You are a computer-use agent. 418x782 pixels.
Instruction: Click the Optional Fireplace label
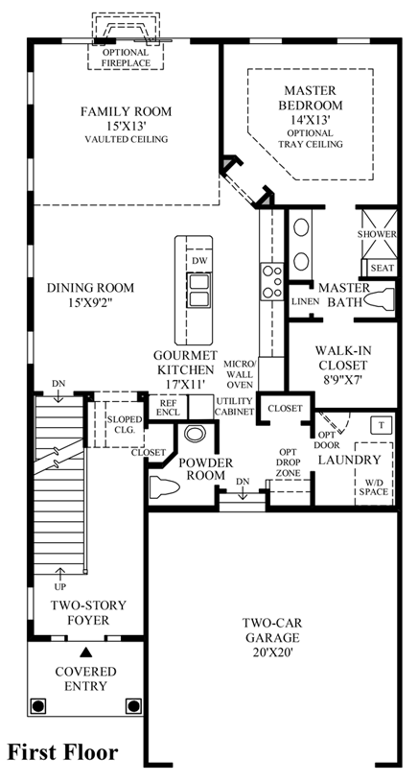[x=126, y=58]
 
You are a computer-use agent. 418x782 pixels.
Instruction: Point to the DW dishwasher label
[x=198, y=260]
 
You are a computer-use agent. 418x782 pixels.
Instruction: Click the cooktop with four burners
[x=271, y=282]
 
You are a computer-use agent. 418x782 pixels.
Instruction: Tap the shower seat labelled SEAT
[x=383, y=269]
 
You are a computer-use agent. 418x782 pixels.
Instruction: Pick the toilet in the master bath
[x=380, y=299]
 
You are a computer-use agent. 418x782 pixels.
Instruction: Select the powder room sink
[x=195, y=433]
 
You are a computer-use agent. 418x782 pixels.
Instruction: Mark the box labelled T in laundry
[x=383, y=425]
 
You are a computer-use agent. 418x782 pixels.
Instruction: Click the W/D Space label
[x=376, y=486]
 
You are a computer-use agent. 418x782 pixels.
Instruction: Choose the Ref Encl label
[x=168, y=407]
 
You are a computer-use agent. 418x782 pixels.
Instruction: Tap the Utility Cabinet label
[x=235, y=407]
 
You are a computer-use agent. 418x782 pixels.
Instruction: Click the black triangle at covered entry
[x=86, y=652]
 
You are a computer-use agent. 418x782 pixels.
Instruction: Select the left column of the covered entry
[x=38, y=705]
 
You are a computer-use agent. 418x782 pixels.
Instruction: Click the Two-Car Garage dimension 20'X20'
[x=271, y=652]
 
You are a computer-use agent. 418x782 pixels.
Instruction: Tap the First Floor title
[x=62, y=751]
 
